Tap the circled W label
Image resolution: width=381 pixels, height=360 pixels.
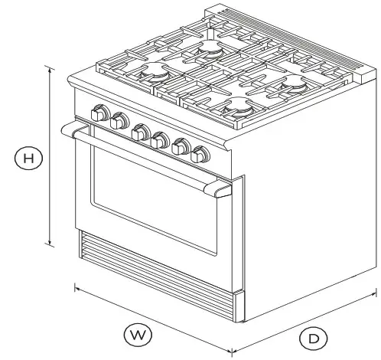click(138, 334)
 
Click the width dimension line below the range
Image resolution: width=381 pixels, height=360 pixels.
click(153, 314)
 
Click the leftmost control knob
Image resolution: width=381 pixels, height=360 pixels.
click(98, 113)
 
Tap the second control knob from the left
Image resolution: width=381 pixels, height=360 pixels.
click(119, 121)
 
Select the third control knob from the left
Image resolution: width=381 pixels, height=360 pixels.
click(140, 133)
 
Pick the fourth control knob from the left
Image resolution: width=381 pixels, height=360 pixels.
click(160, 139)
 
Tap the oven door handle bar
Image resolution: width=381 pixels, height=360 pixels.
click(145, 157)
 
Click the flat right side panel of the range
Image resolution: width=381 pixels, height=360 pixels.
click(306, 214)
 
